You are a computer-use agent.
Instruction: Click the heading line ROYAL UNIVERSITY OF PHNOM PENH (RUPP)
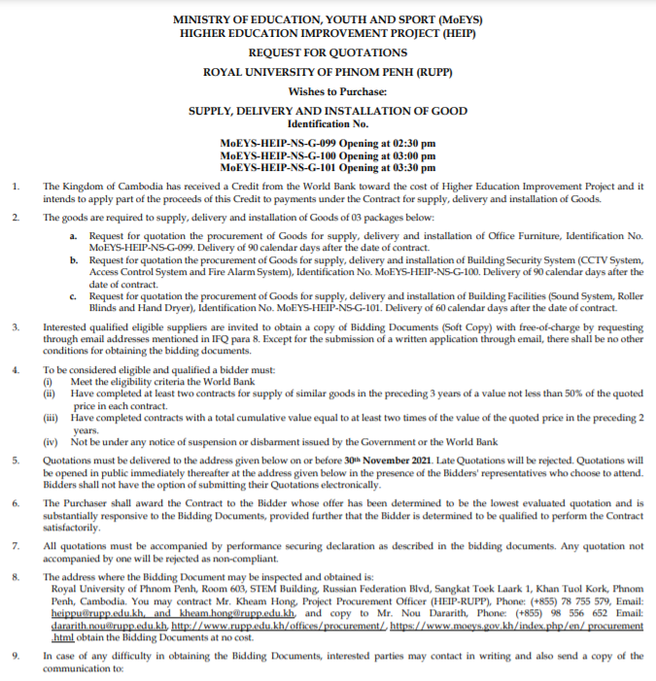click(x=328, y=72)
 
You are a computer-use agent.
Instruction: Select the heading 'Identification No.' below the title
click(x=328, y=124)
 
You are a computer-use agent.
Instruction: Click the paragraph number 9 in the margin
click(x=15, y=657)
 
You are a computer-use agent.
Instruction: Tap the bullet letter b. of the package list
click(x=74, y=260)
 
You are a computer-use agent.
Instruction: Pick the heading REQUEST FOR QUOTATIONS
click(x=328, y=51)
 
